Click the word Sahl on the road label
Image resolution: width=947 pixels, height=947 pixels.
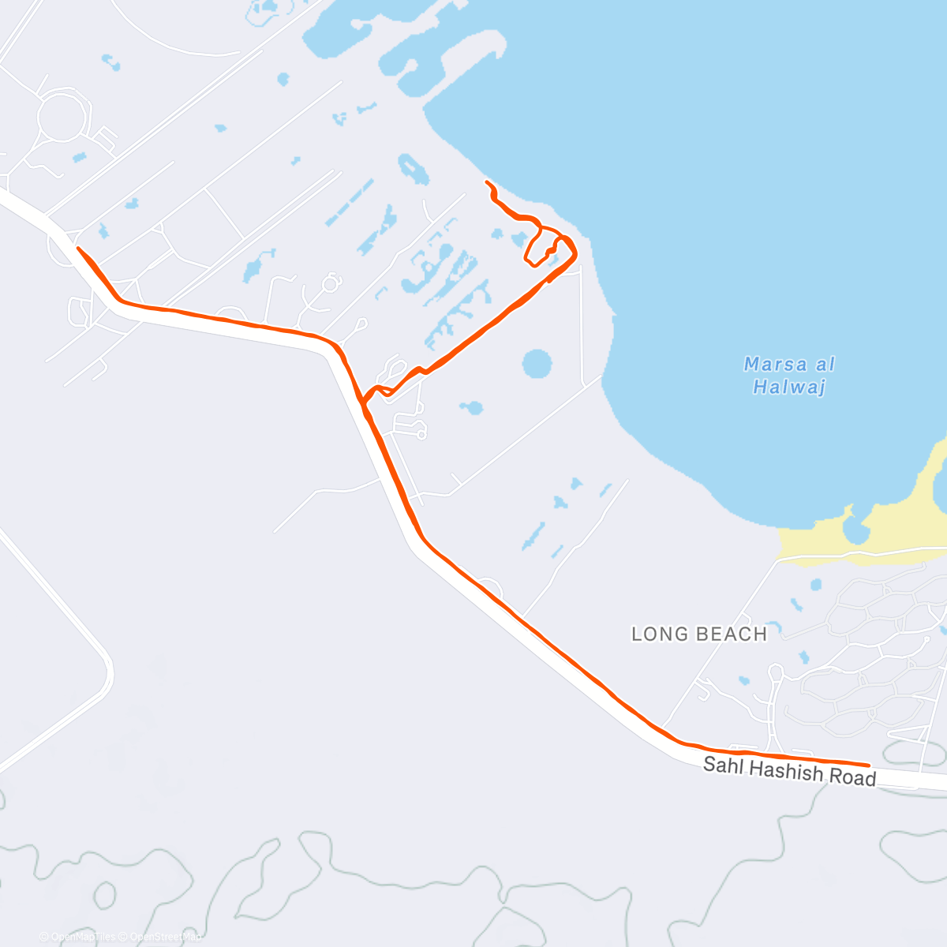(722, 765)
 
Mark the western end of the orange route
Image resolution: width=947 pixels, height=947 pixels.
(78, 249)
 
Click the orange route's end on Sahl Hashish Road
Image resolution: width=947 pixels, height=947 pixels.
(869, 765)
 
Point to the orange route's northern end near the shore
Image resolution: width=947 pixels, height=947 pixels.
(486, 182)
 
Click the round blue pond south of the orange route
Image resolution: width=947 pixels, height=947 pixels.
(537, 365)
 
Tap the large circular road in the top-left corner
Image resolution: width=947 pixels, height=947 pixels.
(61, 116)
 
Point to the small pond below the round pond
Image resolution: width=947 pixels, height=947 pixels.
(472, 408)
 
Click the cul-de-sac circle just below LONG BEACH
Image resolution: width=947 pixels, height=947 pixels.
(776, 672)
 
